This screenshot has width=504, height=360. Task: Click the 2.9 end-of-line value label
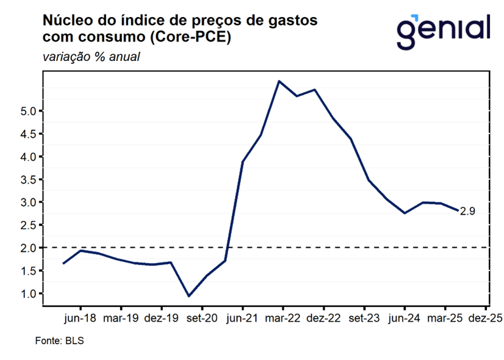[467, 211]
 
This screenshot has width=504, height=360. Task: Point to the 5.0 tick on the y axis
[29, 111]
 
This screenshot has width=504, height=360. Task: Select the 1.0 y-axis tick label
[29, 293]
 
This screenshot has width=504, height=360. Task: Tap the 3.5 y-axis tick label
[29, 179]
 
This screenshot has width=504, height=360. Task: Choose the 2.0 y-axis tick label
[29, 248]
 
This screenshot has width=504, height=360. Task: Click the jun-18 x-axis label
[80, 319]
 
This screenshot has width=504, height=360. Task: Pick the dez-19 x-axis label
[161, 319]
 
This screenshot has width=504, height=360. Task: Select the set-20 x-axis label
[202, 319]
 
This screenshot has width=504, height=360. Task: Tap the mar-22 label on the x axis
[283, 319]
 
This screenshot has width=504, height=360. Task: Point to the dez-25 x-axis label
[486, 319]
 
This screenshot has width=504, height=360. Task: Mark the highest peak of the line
[279, 81]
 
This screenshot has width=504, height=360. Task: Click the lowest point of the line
[189, 296]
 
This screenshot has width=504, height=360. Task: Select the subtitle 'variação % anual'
[92, 57]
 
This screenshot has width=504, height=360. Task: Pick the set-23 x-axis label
[364, 319]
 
